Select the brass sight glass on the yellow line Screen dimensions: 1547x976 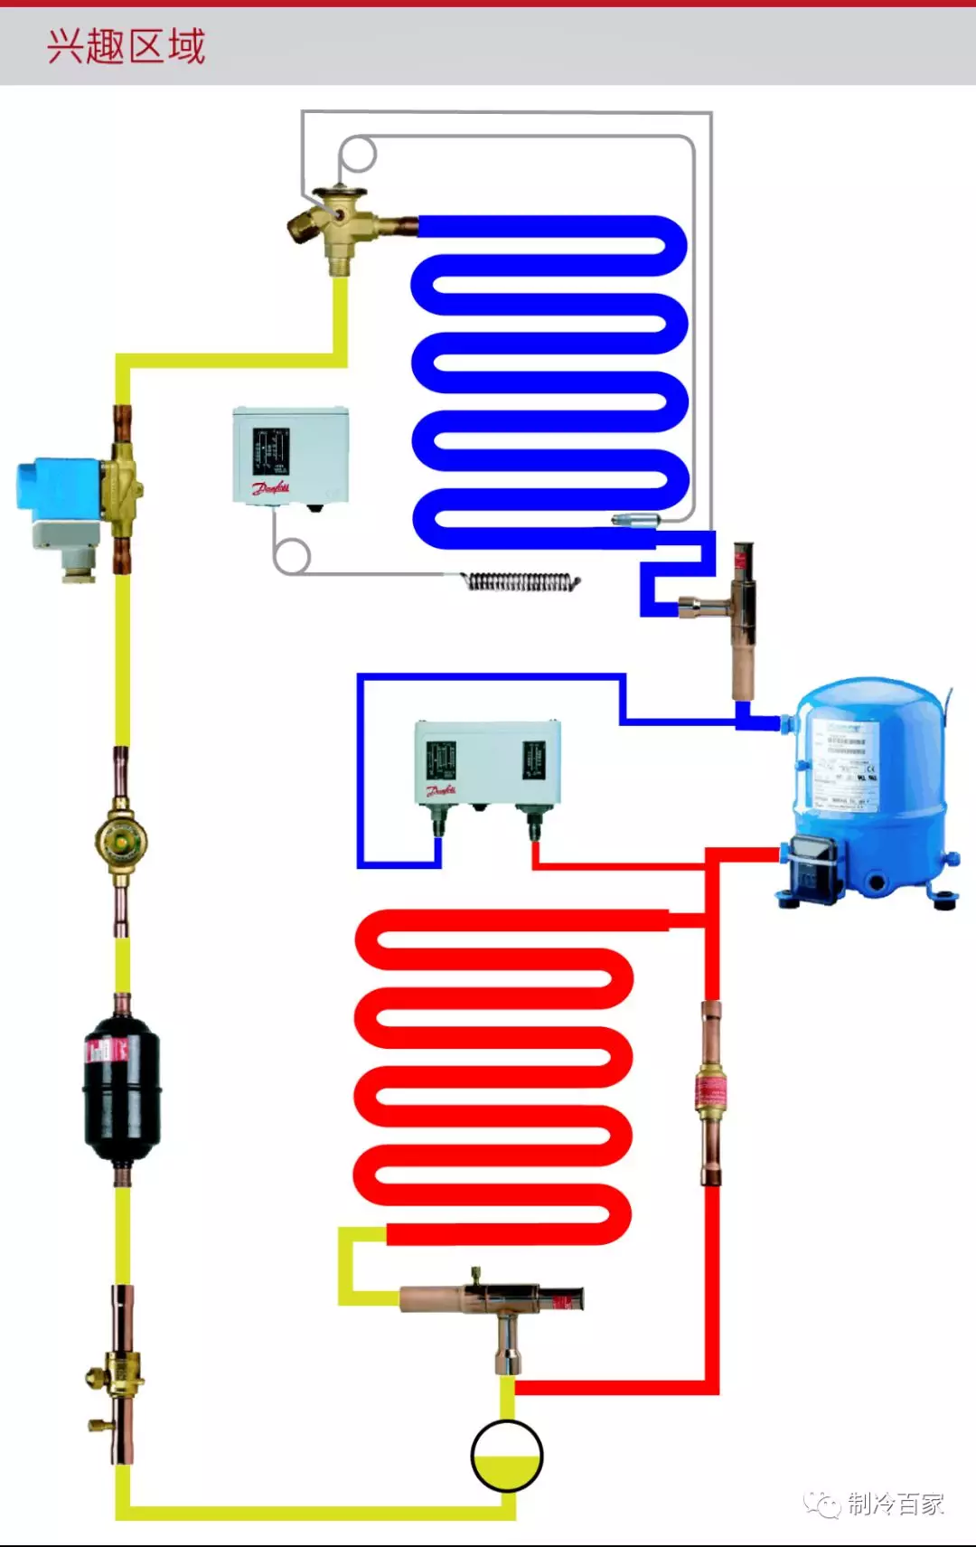pos(120,841)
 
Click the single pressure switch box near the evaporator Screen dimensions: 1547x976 pos(290,455)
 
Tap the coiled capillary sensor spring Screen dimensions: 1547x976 pos(521,581)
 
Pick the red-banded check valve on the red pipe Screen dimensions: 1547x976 pos(710,1091)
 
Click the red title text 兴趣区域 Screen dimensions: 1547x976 pos(127,45)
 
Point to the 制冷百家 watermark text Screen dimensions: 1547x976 pos(895,1504)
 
